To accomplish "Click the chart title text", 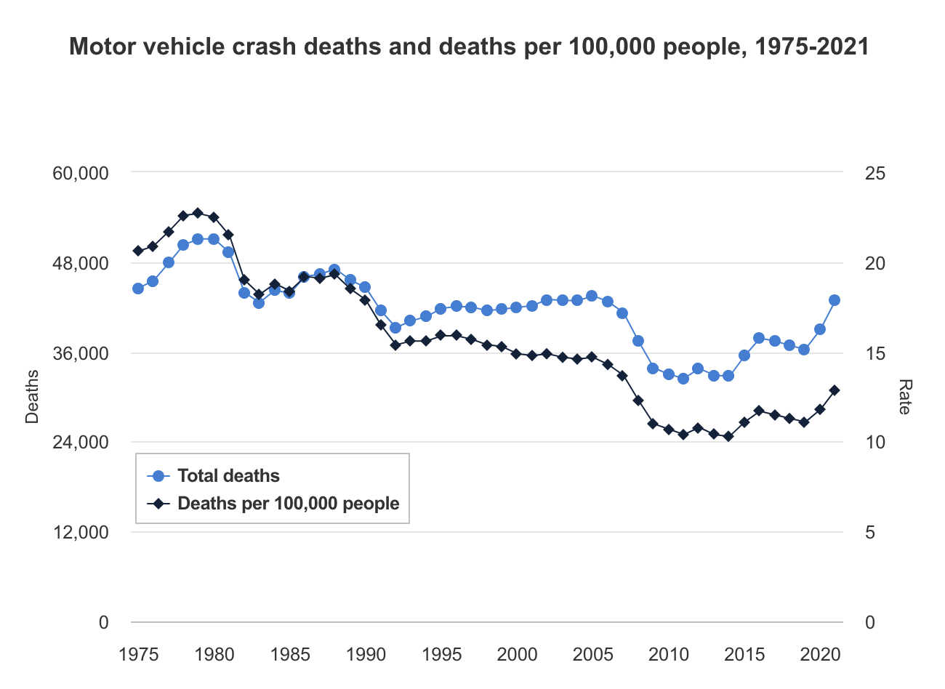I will point(469,47).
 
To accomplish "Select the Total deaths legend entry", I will point(228,476).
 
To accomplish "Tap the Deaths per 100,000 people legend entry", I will point(288,504).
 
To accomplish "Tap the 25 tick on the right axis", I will point(875,173).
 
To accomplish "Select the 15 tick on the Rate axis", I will point(875,353).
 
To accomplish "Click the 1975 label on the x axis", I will point(138,654).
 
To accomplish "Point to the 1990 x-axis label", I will point(366,654).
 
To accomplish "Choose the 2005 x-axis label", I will point(593,654).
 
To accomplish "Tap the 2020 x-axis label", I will point(821,654).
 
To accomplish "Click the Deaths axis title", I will point(32,397).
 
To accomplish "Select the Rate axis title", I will point(904,397).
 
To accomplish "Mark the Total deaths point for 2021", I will point(835,300).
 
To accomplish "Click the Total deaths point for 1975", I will point(138,289).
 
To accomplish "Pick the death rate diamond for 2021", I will point(835,390).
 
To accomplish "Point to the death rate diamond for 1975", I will point(138,251).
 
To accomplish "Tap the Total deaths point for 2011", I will point(683,379).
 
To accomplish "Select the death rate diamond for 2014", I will point(728,437).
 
